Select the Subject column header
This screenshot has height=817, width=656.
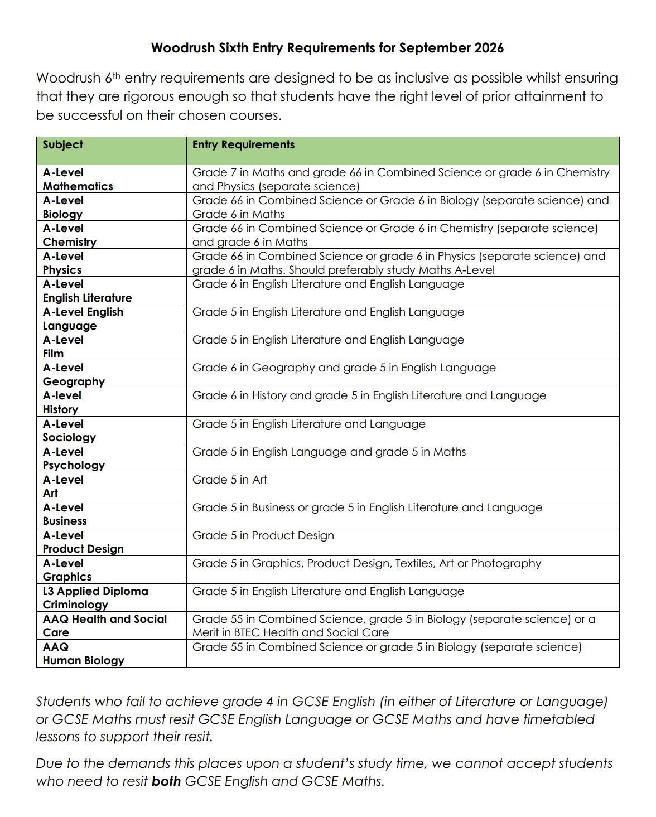pos(62,145)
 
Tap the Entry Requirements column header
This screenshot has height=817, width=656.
pos(243,145)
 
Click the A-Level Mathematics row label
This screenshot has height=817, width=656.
pos(78,180)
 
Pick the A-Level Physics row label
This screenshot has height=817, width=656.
pos(63,263)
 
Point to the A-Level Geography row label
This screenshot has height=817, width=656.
pos(74,375)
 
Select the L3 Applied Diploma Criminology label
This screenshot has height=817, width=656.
pos(95,598)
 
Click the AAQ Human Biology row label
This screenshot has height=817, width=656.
pos(83,654)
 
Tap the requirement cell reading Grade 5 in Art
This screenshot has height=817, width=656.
pos(230,480)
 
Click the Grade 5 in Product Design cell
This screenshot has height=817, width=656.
pos(263,535)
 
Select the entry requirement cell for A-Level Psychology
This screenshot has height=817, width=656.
pos(329,452)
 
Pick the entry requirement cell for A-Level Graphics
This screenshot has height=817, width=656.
pos(366,563)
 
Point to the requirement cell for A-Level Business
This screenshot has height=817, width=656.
pos(367,507)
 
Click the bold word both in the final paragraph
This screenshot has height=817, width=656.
pos(166,781)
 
